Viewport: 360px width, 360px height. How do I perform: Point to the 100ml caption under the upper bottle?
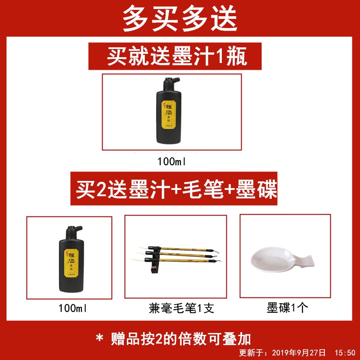172,161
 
